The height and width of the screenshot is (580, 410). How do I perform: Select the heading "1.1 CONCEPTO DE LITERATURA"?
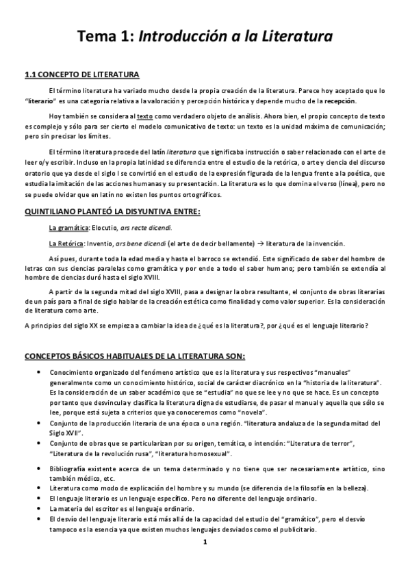pos(81,75)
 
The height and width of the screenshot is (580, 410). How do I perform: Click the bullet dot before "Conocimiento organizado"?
pos(36,371)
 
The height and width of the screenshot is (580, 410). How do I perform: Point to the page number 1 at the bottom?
pos(204,543)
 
